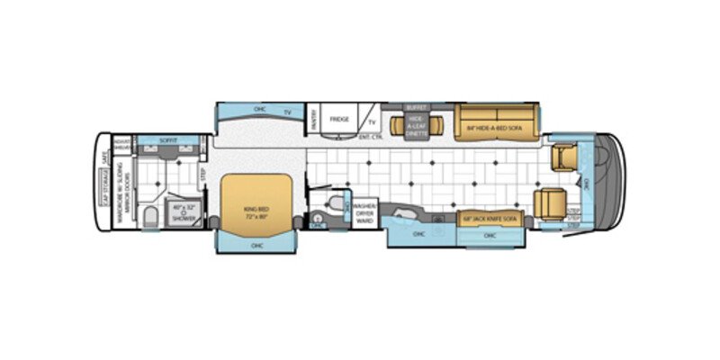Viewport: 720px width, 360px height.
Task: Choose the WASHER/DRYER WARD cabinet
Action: (x=364, y=212)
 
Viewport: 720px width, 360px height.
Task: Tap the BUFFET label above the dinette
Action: (x=415, y=106)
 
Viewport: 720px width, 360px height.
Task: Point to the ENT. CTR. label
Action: (x=371, y=137)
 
